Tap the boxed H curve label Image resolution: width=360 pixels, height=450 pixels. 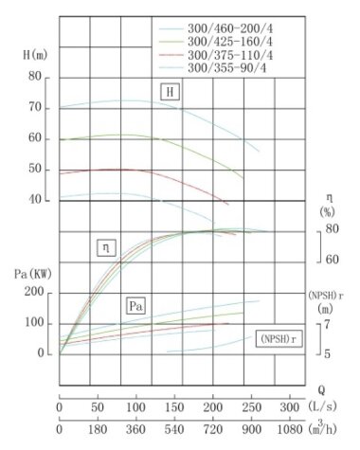coord(170,92)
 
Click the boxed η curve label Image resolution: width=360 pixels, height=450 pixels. coord(105,248)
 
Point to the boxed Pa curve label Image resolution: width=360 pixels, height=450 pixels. coord(136,307)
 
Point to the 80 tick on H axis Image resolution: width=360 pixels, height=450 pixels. coord(36,77)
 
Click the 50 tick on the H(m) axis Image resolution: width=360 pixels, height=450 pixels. coord(36,170)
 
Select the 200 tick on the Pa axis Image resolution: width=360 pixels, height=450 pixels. coord(34,293)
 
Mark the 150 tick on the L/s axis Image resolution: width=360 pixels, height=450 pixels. coord(174,406)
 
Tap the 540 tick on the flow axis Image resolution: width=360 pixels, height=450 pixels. coord(174,429)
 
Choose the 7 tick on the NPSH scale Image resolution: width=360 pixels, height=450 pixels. coord(327,324)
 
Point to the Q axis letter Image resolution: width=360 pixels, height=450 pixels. coord(321,388)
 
